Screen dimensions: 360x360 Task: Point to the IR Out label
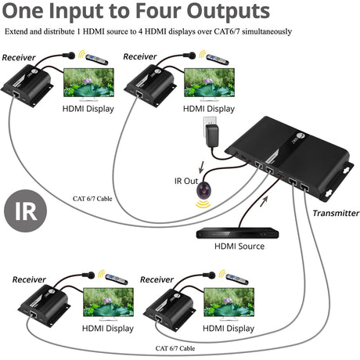click(186, 182)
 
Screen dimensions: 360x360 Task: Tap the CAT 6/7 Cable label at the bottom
click(175, 348)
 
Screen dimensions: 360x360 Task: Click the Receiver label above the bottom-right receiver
click(158, 279)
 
